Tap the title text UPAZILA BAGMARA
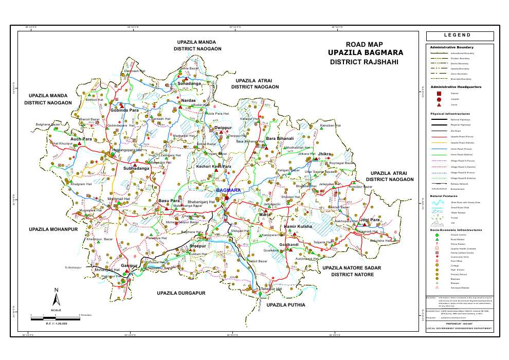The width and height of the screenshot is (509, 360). coord(365,52)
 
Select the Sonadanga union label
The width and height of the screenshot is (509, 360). coord(189,83)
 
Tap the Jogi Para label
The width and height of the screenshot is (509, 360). coord(370,220)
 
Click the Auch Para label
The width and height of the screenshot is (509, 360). coord(81,139)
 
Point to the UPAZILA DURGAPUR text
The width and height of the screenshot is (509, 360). coord(181,293)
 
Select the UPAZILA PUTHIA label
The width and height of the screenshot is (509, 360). coord(286,305)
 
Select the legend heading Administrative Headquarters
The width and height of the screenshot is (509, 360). coord(456,87)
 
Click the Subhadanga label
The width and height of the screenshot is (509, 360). coord(136,168)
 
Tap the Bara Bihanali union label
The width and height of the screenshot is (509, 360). coord(280,139)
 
